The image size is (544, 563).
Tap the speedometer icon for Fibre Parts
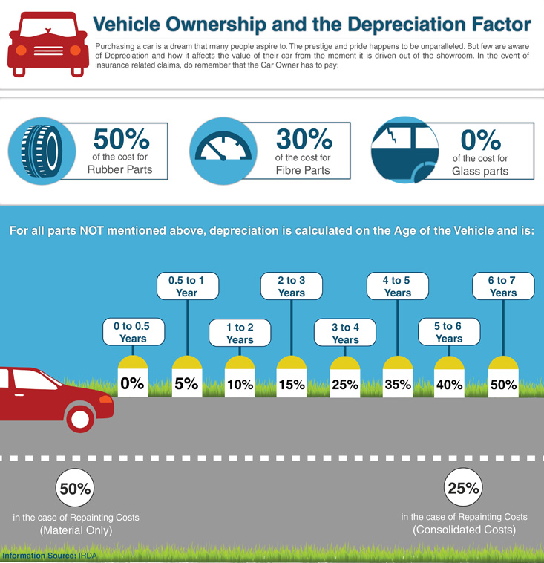pos(222,150)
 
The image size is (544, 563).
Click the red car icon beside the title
pos(47,45)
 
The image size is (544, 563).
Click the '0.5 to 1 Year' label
pos(186,286)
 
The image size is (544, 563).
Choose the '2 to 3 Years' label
pos(291,286)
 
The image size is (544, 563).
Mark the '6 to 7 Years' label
pos(502,286)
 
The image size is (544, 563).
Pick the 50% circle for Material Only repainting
pos(76,489)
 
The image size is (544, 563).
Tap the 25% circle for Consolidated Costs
pos(464,488)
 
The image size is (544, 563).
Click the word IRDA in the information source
pos(88,555)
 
